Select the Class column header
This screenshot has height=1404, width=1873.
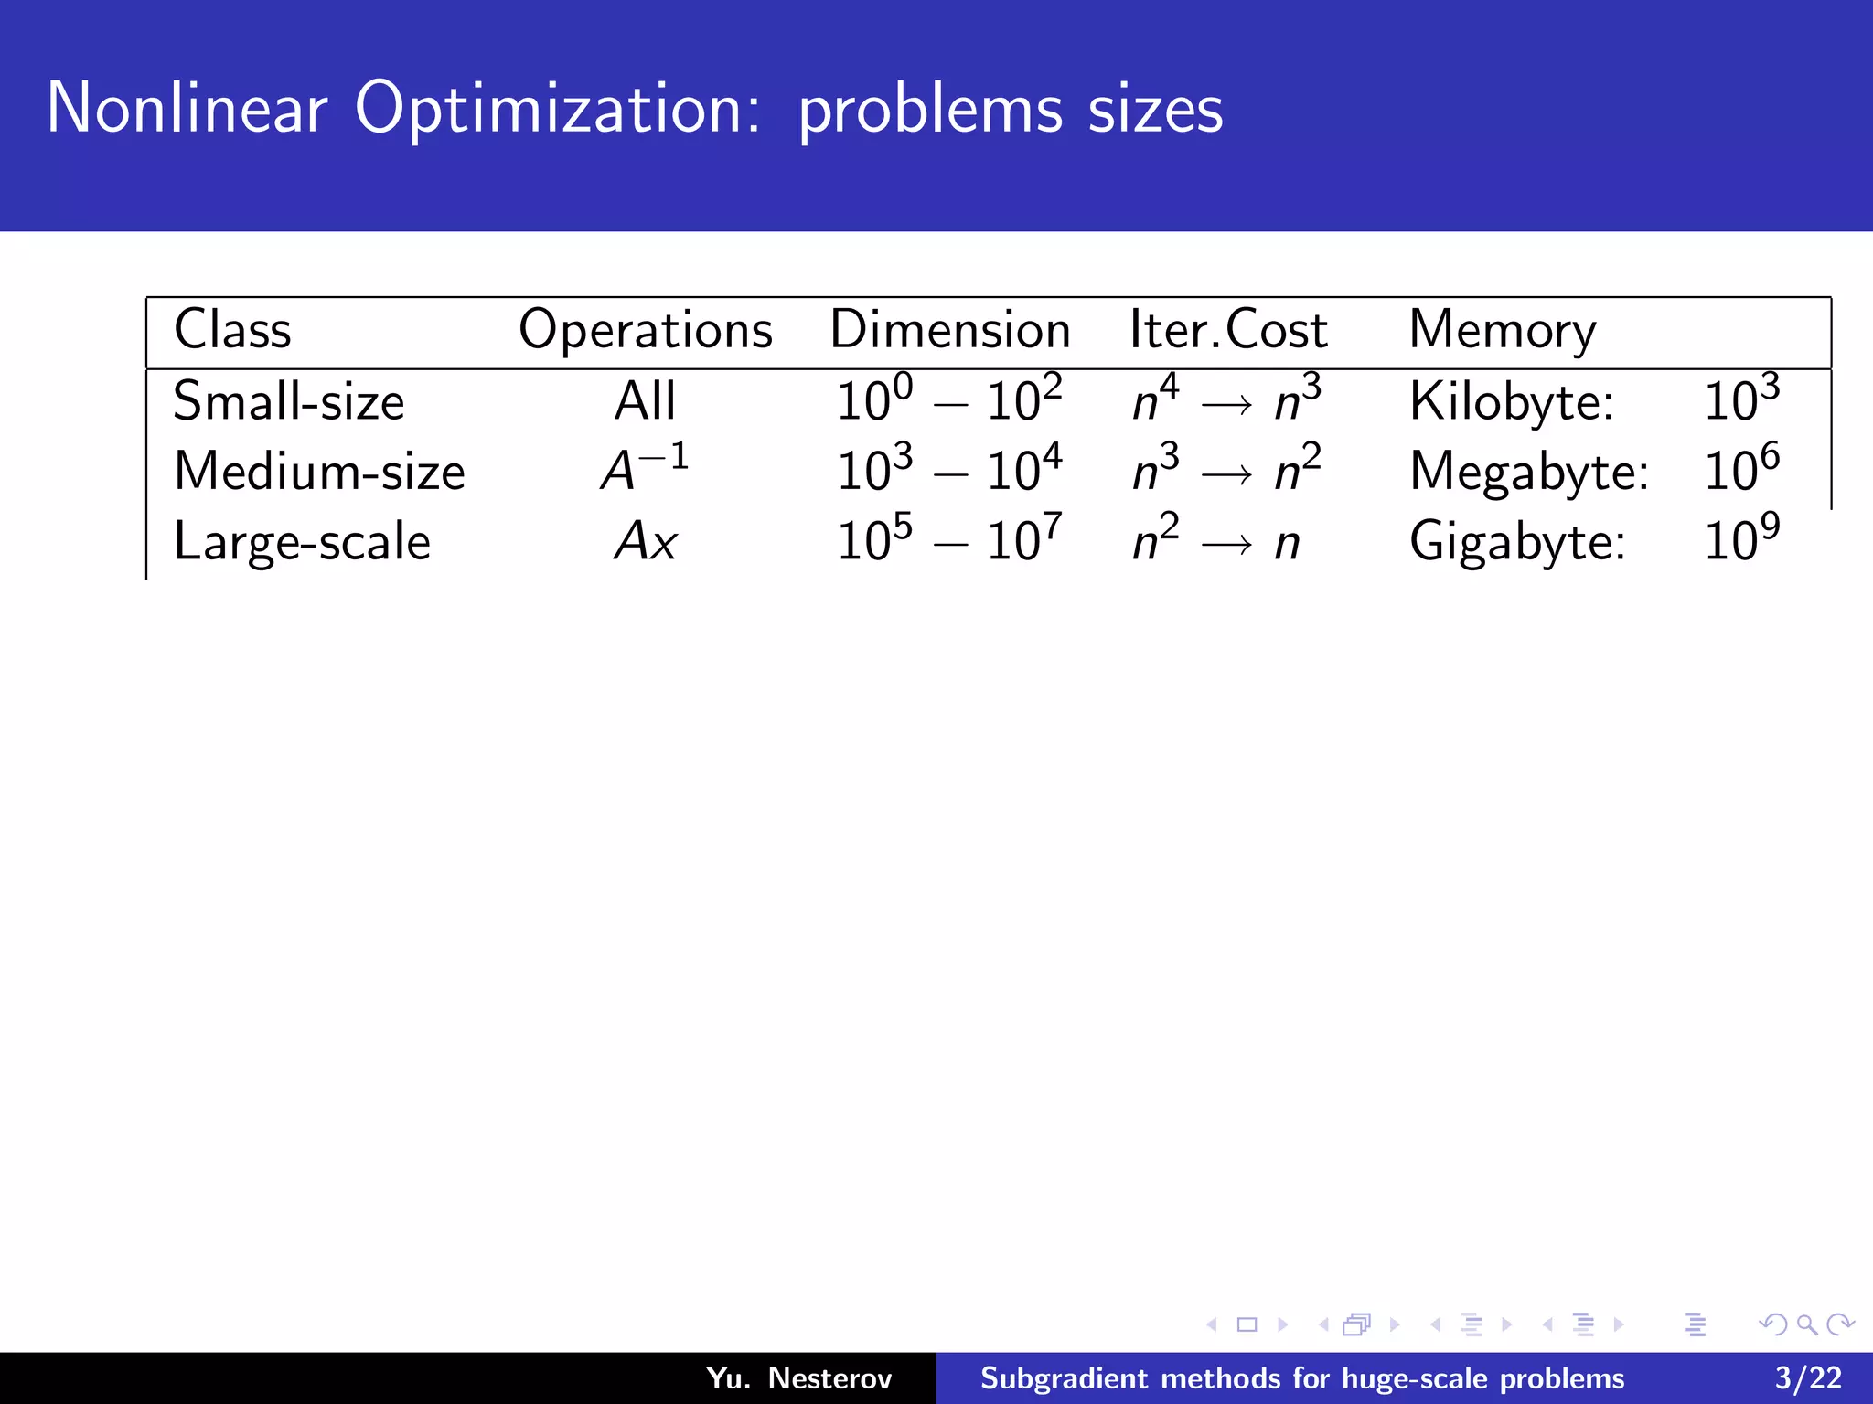pyautogui.click(x=232, y=330)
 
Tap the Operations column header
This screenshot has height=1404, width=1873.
pyautogui.click(x=645, y=330)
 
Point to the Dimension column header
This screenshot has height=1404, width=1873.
pyautogui.click(x=949, y=330)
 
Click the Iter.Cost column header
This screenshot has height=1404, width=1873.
pyautogui.click(x=1227, y=330)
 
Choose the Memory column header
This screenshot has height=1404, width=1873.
pyautogui.click(x=1502, y=330)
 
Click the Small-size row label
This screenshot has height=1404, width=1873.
pyautogui.click(x=288, y=401)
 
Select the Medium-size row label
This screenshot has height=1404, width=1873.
pyautogui.click(x=319, y=472)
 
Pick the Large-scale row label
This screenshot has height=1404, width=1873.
pyautogui.click(x=302, y=541)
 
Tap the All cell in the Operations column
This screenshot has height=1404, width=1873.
pyautogui.click(x=645, y=401)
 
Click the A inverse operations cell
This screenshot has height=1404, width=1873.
pyautogui.click(x=644, y=469)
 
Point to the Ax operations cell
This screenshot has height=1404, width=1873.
pyautogui.click(x=645, y=541)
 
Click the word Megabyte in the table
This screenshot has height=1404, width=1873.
pyautogui.click(x=1528, y=472)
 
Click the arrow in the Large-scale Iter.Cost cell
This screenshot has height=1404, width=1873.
pyautogui.click(x=1226, y=546)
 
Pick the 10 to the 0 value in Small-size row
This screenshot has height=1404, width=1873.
pyautogui.click(x=874, y=399)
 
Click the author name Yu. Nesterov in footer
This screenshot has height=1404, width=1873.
pyautogui.click(x=798, y=1377)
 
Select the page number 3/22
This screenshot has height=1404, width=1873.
pyautogui.click(x=1808, y=1377)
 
